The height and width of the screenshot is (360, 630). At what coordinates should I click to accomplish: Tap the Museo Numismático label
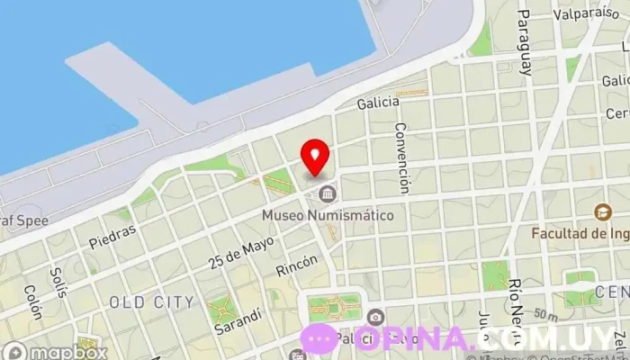[328, 216]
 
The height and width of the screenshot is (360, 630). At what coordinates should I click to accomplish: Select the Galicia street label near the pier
[378, 103]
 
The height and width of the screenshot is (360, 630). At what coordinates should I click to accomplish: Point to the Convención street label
[402, 157]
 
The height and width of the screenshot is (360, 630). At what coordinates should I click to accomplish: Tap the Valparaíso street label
[582, 13]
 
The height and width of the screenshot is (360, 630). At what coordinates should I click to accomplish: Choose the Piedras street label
[112, 235]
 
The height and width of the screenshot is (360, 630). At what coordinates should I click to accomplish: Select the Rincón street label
[297, 265]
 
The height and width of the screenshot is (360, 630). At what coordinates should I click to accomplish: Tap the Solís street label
[59, 280]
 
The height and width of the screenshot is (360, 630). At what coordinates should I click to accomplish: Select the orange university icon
[601, 213]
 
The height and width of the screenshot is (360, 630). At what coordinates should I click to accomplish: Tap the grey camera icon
[375, 317]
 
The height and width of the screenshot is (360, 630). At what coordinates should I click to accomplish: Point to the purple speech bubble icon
[320, 338]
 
